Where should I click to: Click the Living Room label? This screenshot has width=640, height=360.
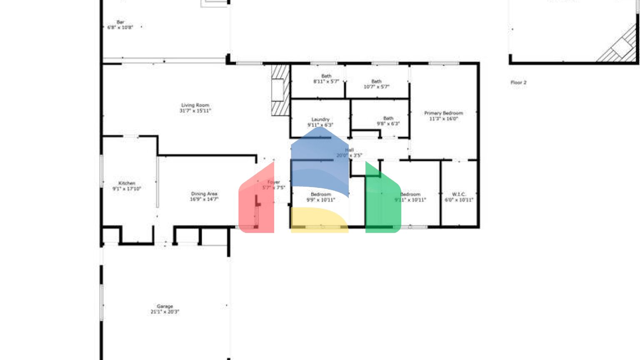tap(195, 108)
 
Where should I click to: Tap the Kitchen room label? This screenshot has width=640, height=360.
tap(127, 186)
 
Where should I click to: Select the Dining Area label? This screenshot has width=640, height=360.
tap(204, 196)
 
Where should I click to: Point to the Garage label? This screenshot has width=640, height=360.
tap(165, 309)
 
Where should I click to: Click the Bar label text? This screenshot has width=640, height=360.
tap(120, 25)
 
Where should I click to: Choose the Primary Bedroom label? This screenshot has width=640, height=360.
tap(443, 115)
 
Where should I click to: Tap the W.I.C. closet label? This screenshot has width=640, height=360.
tap(459, 197)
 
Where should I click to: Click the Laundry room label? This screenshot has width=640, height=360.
tap(320, 122)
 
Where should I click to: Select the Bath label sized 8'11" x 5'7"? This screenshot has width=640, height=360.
tap(326, 79)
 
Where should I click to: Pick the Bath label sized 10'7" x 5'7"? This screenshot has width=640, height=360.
tap(376, 84)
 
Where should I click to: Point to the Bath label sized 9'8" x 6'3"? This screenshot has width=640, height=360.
tap(388, 121)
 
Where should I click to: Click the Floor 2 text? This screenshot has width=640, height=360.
tap(518, 82)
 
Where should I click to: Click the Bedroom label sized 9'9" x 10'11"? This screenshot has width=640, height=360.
tap(321, 197)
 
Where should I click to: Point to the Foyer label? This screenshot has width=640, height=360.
tap(273, 185)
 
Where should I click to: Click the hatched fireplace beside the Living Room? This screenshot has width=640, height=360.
tap(280, 90)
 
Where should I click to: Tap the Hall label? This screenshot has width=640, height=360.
tap(349, 152)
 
